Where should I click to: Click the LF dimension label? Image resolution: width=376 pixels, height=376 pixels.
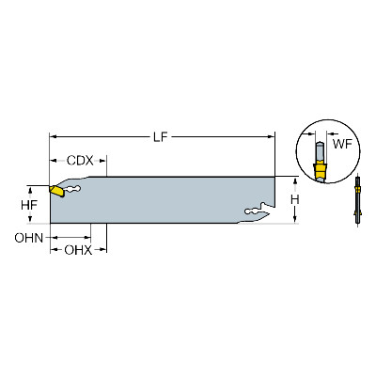161,137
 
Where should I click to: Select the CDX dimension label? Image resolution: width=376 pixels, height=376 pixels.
80,161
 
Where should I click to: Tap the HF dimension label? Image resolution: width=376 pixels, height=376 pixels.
29,205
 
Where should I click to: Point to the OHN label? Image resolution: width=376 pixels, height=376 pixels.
29,238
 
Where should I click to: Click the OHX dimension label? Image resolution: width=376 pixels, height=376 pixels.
78,250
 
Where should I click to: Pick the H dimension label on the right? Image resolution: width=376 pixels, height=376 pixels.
294,199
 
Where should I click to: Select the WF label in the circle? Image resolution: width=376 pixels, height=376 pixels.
342,144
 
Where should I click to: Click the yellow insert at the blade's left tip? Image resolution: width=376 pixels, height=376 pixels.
56,191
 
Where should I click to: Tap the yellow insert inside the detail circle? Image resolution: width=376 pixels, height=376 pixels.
321,171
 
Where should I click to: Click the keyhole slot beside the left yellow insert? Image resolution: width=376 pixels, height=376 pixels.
72,189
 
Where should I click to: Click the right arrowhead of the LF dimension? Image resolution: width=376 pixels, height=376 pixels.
271,137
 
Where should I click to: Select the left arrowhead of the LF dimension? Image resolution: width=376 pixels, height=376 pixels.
54,137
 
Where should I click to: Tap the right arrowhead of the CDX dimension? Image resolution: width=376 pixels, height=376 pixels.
102,161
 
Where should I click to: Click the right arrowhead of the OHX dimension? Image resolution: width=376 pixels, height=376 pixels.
102,250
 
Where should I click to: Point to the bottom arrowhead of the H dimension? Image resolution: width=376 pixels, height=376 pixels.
295,220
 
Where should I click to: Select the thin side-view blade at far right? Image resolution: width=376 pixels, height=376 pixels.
357,200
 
